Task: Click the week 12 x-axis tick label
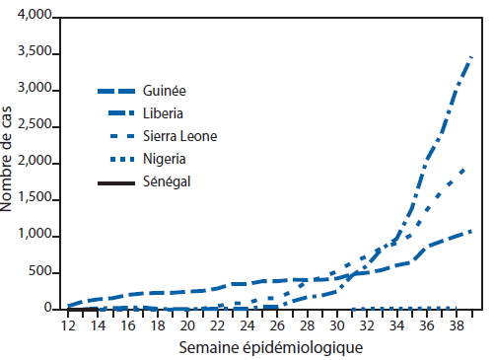click(69, 324)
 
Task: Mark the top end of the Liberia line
click(469, 58)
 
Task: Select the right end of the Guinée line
click(471, 231)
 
